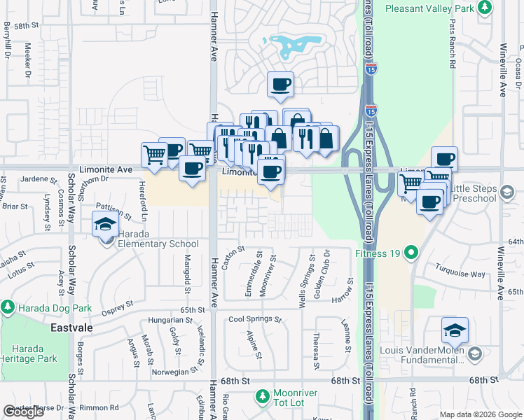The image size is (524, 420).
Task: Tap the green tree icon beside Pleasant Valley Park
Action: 484,8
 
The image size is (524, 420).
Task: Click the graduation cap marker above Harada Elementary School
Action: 104,224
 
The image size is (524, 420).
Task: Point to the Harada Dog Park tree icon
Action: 8,307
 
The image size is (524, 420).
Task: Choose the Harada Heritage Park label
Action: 29,353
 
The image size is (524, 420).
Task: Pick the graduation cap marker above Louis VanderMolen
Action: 455,330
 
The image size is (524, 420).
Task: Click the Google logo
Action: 23,412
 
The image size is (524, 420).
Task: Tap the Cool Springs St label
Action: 254,320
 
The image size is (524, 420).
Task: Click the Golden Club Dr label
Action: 326,276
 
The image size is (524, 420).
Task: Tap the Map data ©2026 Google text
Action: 481,414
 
